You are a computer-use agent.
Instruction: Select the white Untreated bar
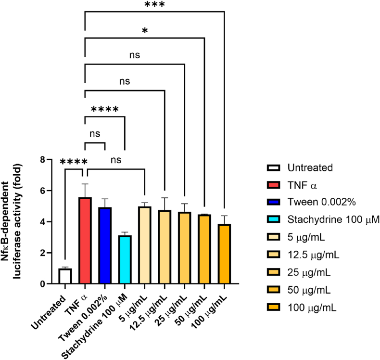pyautogui.click(x=65, y=276)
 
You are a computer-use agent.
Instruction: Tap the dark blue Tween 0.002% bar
pyautogui.click(x=105, y=245)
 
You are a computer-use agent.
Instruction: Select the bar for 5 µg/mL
pyautogui.click(x=144, y=245)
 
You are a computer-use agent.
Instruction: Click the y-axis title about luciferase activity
pyautogui.click(x=19, y=221)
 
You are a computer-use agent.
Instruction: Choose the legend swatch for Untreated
pyautogui.click(x=273, y=167)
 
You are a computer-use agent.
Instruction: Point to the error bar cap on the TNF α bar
pyautogui.click(x=85, y=184)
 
